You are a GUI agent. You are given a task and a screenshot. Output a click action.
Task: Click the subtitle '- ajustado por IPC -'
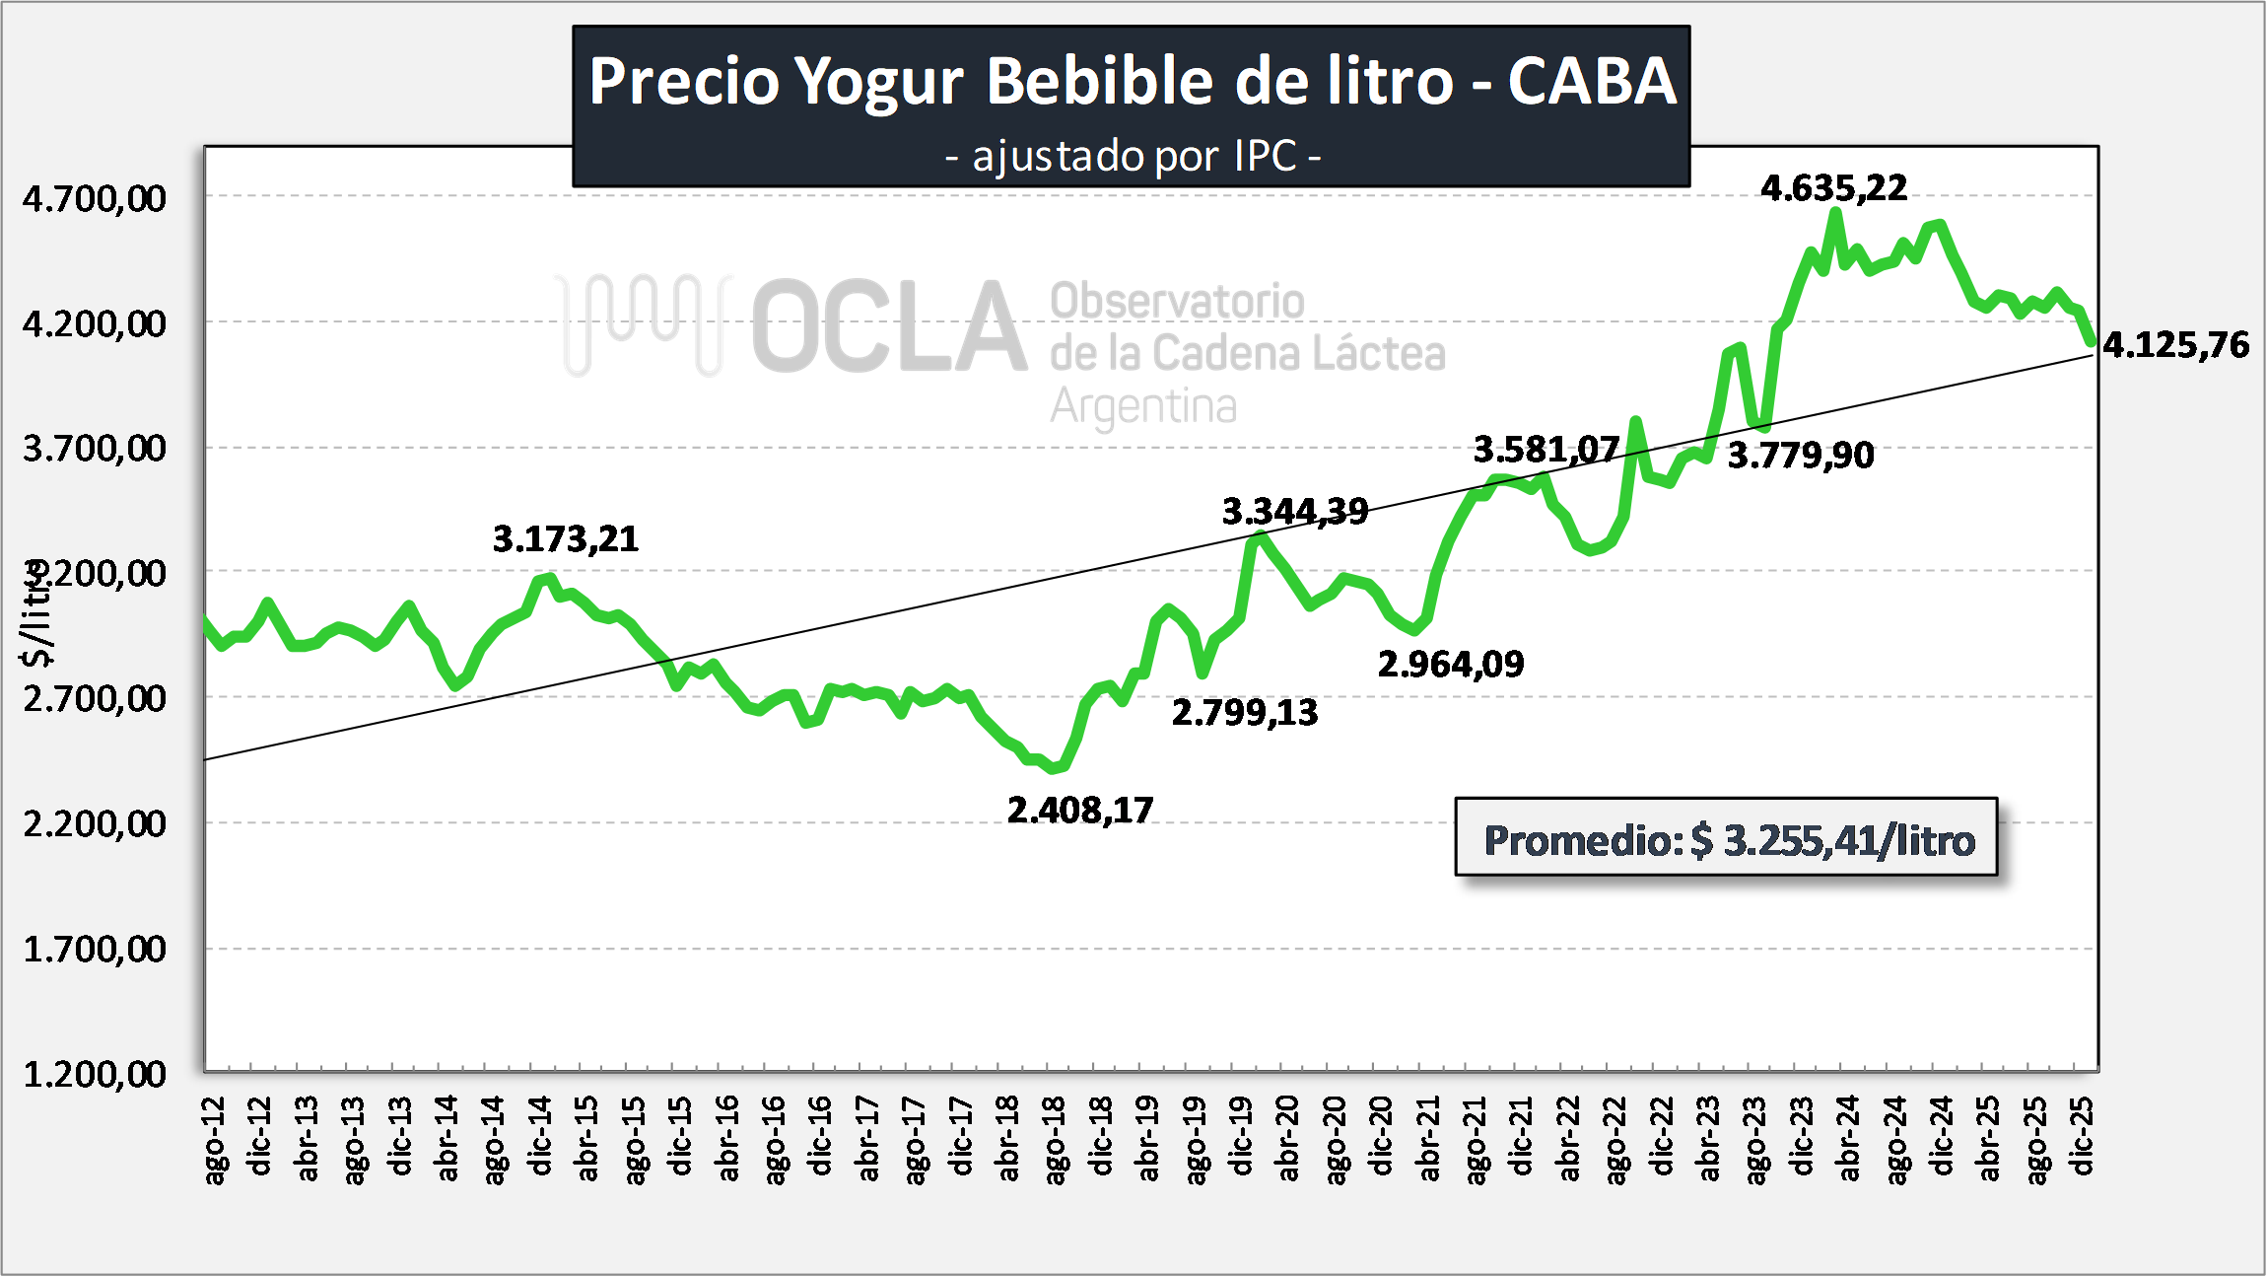point(1132,156)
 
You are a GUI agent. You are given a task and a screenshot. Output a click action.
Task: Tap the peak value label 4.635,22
point(1833,187)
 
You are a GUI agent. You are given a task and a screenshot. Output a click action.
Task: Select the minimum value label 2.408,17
point(1079,810)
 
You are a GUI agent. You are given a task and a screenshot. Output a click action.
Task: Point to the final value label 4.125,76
point(2175,344)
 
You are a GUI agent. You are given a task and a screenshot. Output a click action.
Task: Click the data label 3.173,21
point(565,538)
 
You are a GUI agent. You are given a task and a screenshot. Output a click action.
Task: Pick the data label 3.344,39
point(1294,511)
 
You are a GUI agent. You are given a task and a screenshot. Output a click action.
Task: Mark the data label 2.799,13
point(1244,712)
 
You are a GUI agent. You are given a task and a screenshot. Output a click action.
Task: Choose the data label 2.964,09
point(1450,664)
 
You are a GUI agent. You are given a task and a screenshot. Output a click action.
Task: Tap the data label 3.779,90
point(1800,455)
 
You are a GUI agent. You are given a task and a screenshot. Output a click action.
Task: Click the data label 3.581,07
point(1546,450)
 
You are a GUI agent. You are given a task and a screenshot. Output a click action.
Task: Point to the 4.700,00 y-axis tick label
point(95,198)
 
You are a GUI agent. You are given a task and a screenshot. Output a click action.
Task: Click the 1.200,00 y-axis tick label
point(95,1074)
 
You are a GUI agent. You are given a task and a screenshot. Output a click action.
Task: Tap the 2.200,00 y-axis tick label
point(95,822)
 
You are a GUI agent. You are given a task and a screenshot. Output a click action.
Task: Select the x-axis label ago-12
point(214,1139)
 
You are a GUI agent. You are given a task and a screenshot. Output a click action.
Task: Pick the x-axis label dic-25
point(2081,1136)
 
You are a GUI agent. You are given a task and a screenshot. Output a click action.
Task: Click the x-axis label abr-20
point(1287,1138)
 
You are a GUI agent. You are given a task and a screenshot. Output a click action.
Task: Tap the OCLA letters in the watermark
point(889,326)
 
